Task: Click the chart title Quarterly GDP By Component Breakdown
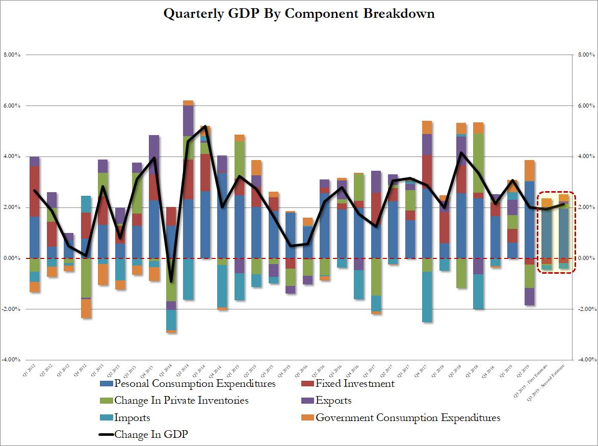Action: pos(299,14)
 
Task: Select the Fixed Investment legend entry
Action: pos(355,383)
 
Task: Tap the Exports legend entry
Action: pos(333,401)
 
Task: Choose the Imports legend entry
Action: pos(133,418)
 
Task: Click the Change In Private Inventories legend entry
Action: pos(181,401)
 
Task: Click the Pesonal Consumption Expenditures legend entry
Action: pos(195,383)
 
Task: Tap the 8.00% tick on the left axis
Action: pos(11,55)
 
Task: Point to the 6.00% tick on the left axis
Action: pos(11,106)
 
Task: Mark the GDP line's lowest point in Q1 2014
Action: pos(171,281)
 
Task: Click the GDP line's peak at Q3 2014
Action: pos(204,126)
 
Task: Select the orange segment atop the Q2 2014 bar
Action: pos(188,103)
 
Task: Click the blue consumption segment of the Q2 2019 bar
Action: pos(530,219)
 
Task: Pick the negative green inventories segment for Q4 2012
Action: pos(86,278)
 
